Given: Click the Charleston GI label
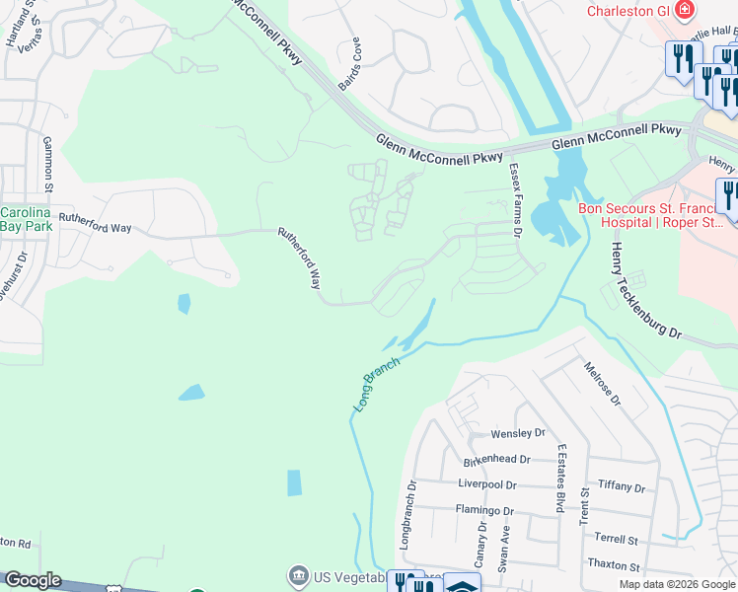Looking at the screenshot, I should click(628, 12).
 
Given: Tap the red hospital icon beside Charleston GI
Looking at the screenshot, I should click(684, 12).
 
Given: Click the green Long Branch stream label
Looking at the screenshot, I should click(377, 384).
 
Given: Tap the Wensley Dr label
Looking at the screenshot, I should click(518, 434).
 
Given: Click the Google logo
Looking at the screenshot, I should click(33, 580).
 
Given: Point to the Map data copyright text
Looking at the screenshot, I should click(676, 584).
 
